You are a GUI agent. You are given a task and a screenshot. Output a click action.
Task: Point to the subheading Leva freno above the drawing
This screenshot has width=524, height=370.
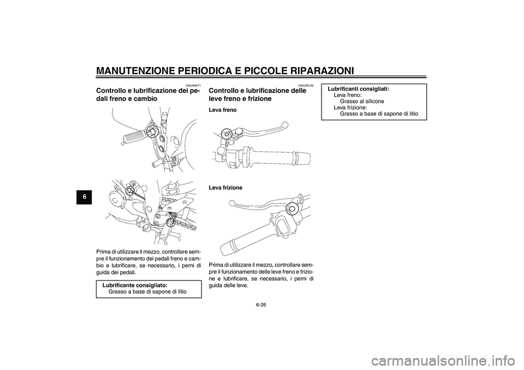(x=222, y=110)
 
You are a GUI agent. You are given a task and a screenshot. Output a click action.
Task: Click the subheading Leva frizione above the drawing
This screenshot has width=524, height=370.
(x=225, y=187)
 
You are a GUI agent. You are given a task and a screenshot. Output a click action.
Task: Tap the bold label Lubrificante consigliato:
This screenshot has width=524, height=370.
(x=134, y=285)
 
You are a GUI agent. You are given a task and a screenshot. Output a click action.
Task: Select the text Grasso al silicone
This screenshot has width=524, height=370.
(x=362, y=102)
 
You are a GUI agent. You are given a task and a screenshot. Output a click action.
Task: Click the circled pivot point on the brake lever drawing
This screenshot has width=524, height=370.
(x=225, y=132)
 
